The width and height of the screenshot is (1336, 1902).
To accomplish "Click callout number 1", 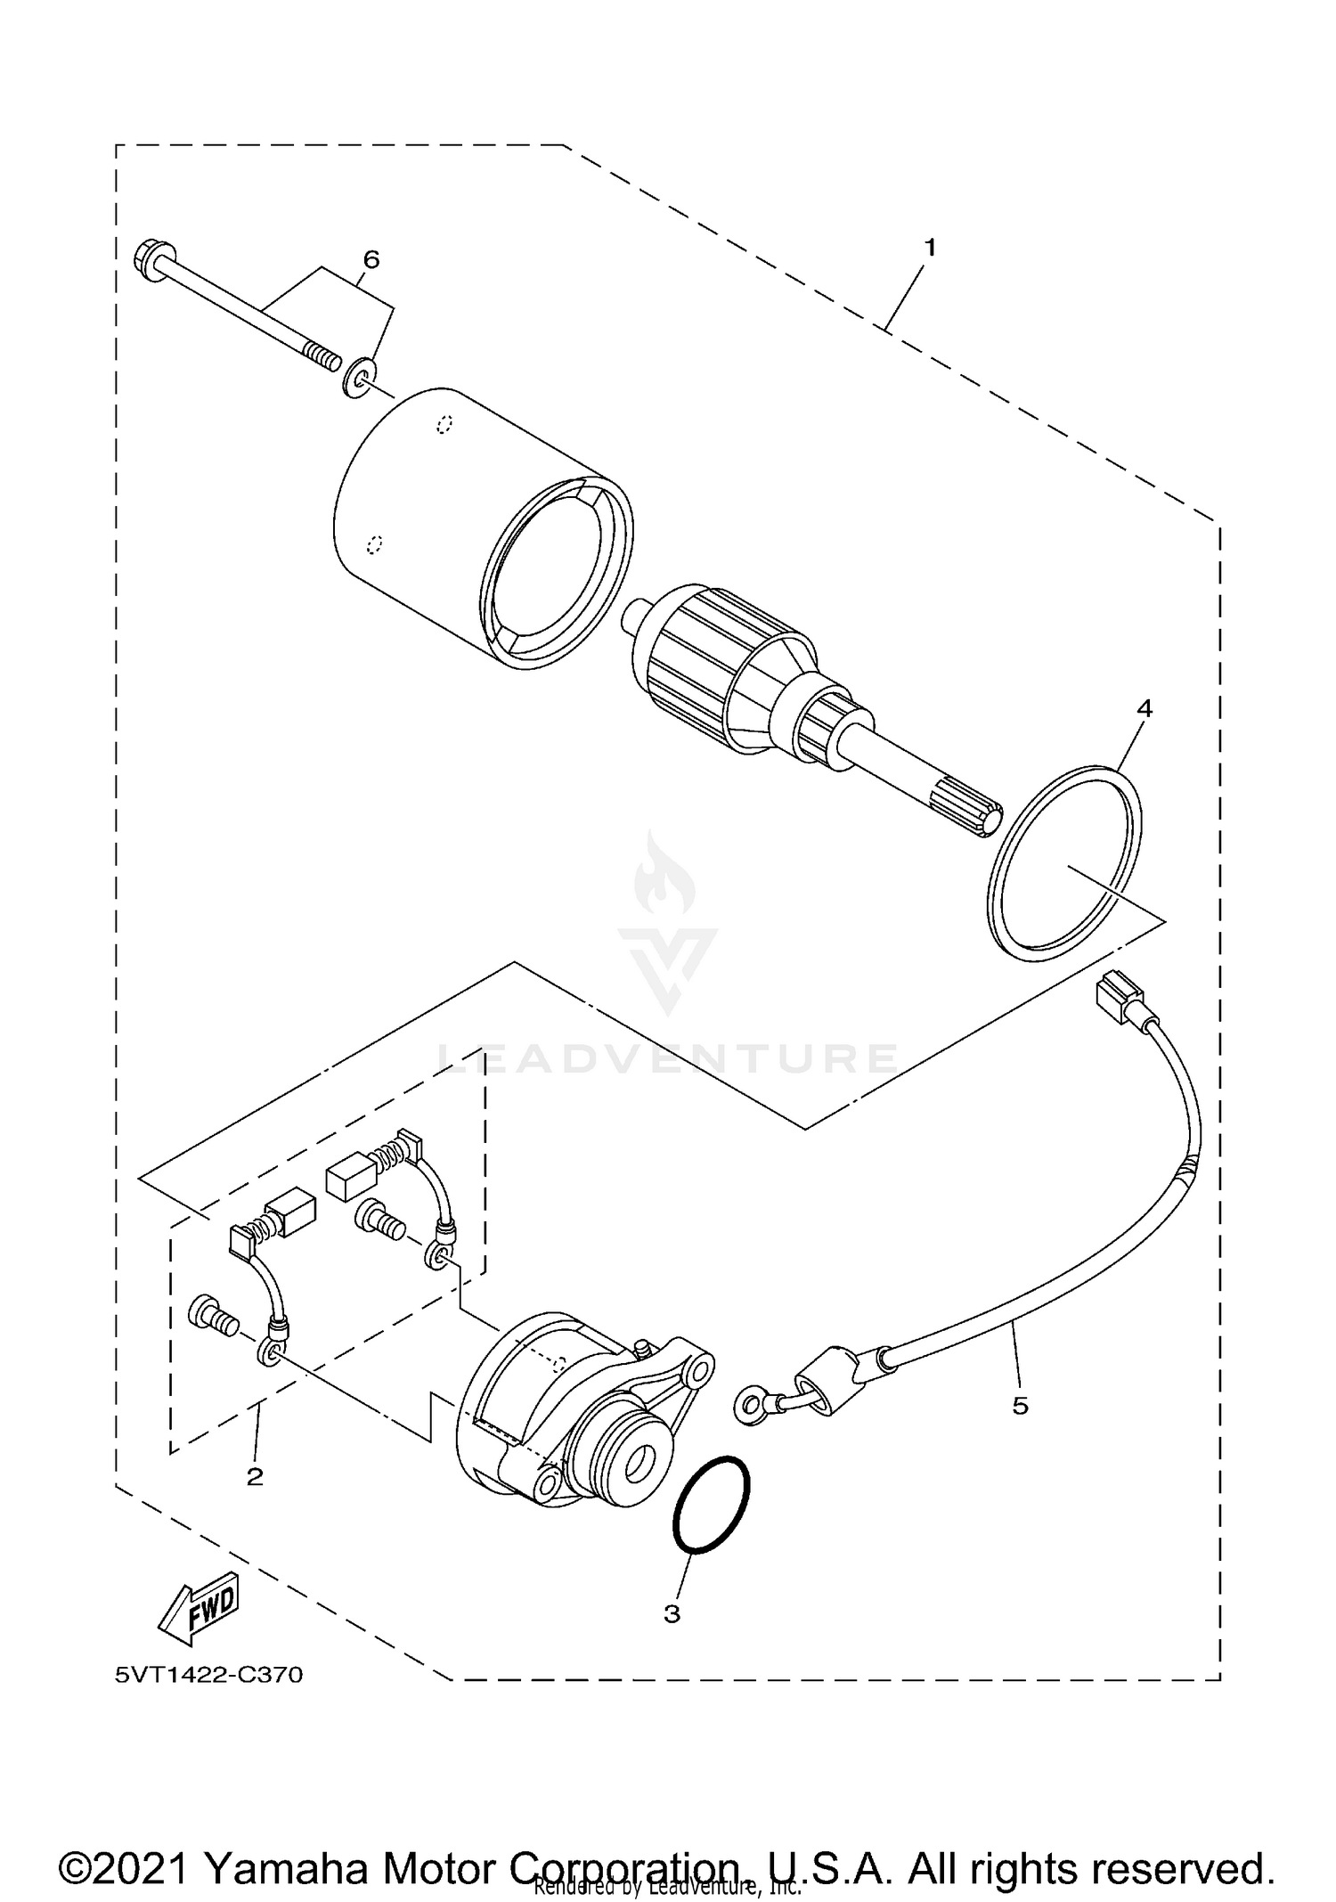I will coord(930,248).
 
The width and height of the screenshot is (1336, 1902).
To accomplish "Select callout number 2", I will coord(255,1477).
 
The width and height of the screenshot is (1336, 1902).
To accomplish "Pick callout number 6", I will coord(371,259).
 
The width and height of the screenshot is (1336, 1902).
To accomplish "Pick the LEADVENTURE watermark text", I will coord(667,1058).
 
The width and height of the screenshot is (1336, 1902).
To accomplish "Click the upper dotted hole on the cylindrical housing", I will coord(444,424).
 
